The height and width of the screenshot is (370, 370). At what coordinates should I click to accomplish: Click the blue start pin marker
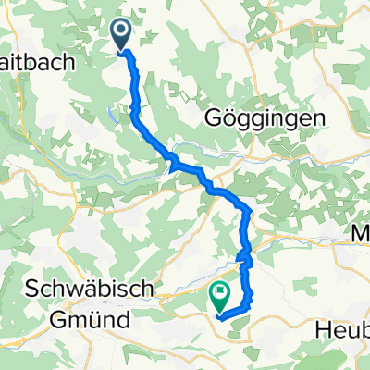tap(122, 35)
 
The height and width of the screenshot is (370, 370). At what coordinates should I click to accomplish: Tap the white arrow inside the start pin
tap(122, 32)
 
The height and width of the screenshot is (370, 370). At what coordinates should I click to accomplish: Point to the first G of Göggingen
tap(208, 118)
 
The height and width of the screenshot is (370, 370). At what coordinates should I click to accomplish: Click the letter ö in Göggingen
tap(222, 118)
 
